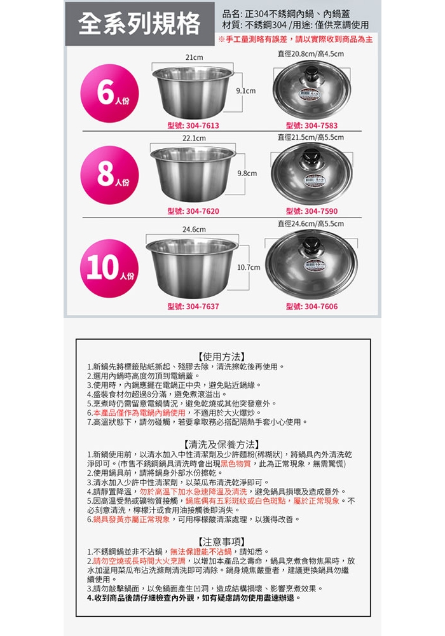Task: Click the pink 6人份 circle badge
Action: point(110,93)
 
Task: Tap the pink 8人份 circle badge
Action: point(110,175)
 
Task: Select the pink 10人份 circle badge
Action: point(110,268)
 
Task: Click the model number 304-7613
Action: point(194,126)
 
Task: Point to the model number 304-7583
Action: point(311,126)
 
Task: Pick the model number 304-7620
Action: point(194,211)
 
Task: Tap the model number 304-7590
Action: point(311,211)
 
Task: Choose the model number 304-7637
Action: point(194,307)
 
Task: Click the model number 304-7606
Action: point(311,307)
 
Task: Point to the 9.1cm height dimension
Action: point(245,91)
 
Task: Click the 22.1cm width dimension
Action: point(194,138)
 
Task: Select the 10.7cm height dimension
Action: point(249,267)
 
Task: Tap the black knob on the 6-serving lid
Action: point(311,74)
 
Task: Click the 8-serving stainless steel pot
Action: point(193,174)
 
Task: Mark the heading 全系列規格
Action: point(139,24)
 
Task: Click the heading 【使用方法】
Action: point(222,357)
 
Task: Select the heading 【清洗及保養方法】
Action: point(222,445)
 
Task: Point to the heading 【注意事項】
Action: point(222,542)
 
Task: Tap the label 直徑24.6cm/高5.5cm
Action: point(311,224)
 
